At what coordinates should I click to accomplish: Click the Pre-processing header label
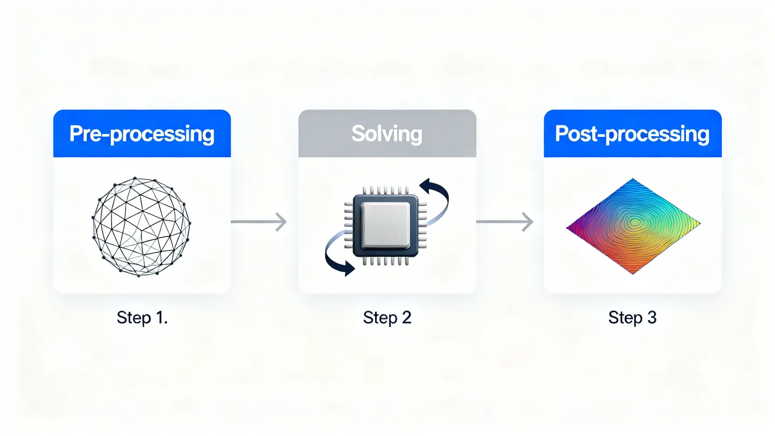pos(142,134)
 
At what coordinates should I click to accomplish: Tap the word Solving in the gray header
pos(387,134)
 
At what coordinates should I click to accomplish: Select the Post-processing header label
pos(632,134)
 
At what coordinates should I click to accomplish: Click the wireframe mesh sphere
pos(141,227)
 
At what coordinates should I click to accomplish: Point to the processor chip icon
pos(386,226)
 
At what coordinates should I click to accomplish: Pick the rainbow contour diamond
pos(633,226)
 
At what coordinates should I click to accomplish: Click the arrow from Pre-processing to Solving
pos(259,221)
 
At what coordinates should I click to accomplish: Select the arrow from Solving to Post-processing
pos(505,221)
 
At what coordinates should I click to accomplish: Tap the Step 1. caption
pos(142,317)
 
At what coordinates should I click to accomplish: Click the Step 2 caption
pos(387,317)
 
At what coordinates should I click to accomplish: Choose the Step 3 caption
pos(633,317)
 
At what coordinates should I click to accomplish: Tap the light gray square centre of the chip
pos(386,225)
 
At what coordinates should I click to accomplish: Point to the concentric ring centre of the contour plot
pos(635,222)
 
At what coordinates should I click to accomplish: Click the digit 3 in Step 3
pos(651,317)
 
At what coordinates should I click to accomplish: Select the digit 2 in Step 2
pos(406,317)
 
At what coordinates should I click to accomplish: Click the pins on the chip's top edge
pos(386,190)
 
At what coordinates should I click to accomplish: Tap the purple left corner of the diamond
pos(567,228)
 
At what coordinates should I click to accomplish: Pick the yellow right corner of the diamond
pos(701,223)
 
